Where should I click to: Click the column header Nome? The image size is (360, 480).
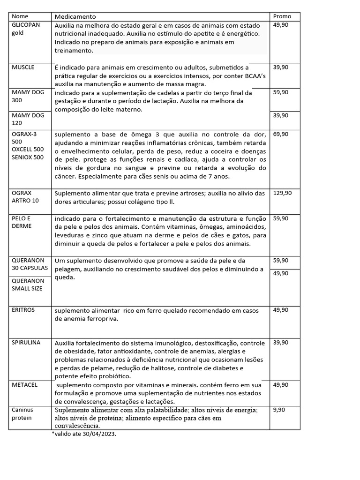20,16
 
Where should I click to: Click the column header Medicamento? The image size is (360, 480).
75,16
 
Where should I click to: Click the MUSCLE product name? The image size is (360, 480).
23,67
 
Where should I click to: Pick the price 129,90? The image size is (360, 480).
282,193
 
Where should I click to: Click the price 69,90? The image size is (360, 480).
280,134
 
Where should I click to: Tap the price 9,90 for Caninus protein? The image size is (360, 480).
278,409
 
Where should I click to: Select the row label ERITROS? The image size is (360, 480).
23,310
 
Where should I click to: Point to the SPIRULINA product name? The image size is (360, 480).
26,342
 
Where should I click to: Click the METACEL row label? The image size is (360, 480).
25,384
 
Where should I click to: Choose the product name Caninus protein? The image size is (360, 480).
22,413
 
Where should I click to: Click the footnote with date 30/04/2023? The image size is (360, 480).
84,434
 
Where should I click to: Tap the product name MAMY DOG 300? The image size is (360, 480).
28,96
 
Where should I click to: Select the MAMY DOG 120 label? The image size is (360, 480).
28,119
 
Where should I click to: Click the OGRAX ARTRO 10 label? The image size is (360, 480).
25,196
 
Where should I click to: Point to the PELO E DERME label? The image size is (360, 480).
22,222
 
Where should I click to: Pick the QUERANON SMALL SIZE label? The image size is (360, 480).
27,285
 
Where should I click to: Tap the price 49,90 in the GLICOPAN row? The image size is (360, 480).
280,25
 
